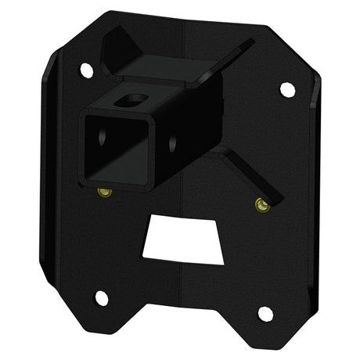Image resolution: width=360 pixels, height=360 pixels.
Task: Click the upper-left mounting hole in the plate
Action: (86, 70)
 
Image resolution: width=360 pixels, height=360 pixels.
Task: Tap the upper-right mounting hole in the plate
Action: (287, 89)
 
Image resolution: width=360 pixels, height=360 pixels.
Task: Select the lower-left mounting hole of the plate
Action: (101, 297)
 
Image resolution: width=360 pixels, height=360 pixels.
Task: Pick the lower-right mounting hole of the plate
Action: (265, 314)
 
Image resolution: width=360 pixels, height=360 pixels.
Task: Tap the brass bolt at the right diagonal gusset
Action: (261, 205)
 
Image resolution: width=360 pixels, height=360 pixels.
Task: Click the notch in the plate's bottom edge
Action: (182, 342)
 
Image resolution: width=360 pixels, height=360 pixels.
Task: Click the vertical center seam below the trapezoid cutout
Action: (182, 297)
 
